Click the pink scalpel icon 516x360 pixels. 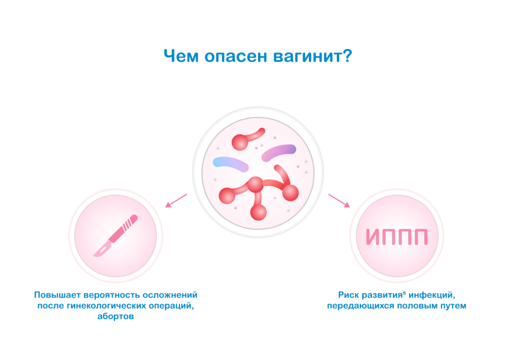[x=115, y=236]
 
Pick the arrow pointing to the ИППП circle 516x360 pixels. [x=339, y=200]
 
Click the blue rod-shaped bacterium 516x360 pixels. [x=229, y=163]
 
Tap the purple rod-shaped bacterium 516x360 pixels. [x=279, y=152]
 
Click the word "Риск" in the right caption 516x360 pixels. [x=348, y=295]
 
